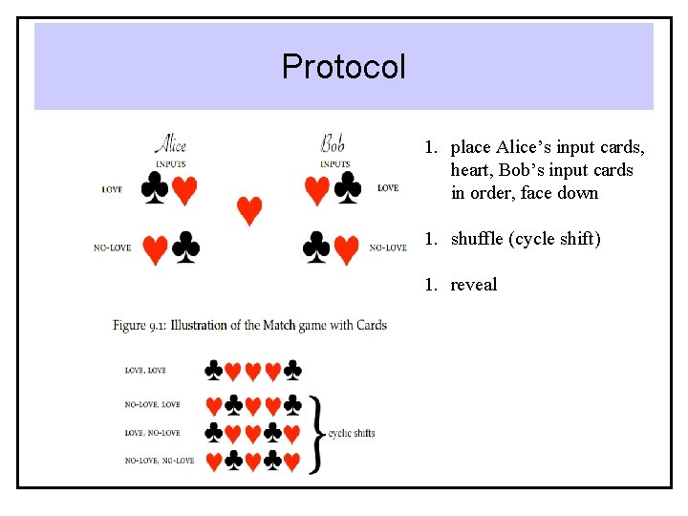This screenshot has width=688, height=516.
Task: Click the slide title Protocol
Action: [344, 67]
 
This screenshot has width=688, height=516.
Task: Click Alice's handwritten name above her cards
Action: [170, 144]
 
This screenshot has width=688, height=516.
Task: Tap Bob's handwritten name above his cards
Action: [333, 144]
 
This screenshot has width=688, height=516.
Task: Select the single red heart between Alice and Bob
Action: [249, 210]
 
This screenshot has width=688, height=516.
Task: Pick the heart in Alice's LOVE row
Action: [184, 191]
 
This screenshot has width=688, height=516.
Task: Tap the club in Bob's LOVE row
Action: [348, 189]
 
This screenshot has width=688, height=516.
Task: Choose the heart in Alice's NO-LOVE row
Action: [155, 250]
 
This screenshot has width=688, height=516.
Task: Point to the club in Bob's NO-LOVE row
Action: [316, 248]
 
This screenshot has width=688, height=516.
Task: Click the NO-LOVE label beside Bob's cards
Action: [388, 248]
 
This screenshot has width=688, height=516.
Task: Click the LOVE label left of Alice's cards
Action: [112, 189]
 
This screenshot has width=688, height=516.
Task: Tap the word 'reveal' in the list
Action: [474, 285]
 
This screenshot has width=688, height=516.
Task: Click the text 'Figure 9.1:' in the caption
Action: [142, 326]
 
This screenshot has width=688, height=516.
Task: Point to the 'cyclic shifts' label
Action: [352, 433]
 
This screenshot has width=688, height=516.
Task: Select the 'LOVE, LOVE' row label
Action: [145, 370]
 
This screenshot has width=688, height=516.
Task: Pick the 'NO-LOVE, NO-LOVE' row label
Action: [160, 461]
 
